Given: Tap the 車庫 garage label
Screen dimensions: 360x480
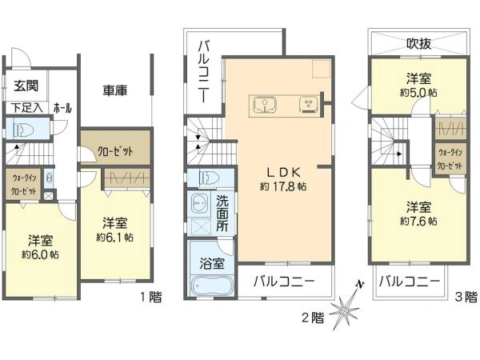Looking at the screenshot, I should [x=116, y=90].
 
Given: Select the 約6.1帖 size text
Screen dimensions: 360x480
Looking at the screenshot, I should [x=114, y=237].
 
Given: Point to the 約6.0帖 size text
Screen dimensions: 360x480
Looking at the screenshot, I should [x=40, y=255].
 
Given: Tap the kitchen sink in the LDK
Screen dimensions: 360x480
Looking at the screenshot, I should [x=263, y=105].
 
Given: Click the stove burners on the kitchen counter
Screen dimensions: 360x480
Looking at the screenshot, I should [x=308, y=105].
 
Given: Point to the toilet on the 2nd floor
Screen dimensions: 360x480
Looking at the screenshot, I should [x=210, y=177].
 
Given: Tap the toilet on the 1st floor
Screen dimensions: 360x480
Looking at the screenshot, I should [x=22, y=128].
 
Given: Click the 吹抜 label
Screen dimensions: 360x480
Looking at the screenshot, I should [x=419, y=44].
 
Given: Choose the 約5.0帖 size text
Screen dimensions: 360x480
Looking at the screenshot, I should [x=419, y=92].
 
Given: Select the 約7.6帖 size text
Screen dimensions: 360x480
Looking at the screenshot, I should [x=419, y=220].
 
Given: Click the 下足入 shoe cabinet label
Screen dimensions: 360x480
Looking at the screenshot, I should [x=26, y=107].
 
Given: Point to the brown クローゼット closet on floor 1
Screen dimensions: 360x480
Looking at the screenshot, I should [x=115, y=151].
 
